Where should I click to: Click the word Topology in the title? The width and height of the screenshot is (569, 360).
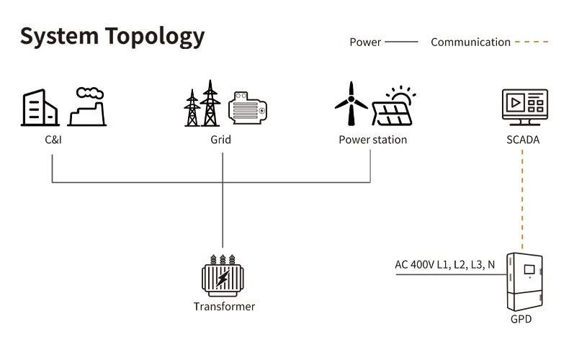pyautogui.click(x=155, y=37)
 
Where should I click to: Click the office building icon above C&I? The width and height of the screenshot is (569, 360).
pyautogui.click(x=40, y=107)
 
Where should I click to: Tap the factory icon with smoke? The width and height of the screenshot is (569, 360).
pyautogui.click(x=87, y=107)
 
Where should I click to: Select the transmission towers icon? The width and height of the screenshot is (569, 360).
pyautogui.click(x=202, y=103)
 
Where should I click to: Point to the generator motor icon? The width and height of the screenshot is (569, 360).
pyautogui.click(x=248, y=108)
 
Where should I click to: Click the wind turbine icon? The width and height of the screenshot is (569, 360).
pyautogui.click(x=351, y=104)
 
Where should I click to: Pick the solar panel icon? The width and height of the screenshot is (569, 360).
pyautogui.click(x=394, y=106)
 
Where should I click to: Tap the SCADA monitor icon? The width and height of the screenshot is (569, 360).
pyautogui.click(x=525, y=107)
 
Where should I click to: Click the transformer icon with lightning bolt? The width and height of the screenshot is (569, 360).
pyautogui.click(x=223, y=276)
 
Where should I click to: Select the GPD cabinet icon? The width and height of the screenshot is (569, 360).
pyautogui.click(x=525, y=282)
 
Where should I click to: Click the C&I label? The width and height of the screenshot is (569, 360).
pyautogui.click(x=53, y=140)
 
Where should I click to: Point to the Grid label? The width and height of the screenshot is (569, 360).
pyautogui.click(x=220, y=140)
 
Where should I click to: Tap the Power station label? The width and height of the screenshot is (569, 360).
pyautogui.click(x=372, y=140)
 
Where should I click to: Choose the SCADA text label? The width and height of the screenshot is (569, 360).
pyautogui.click(x=523, y=140)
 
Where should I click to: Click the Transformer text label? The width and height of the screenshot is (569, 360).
pyautogui.click(x=224, y=307)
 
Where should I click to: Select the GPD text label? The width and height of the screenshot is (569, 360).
pyautogui.click(x=521, y=319)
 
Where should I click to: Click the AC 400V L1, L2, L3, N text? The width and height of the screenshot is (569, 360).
pyautogui.click(x=445, y=264)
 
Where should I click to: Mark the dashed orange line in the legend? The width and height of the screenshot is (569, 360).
pyautogui.click(x=532, y=42)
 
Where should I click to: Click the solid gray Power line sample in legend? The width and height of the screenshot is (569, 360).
pyautogui.click(x=401, y=42)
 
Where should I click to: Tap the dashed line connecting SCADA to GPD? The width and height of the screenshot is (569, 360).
pyautogui.click(x=523, y=199)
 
